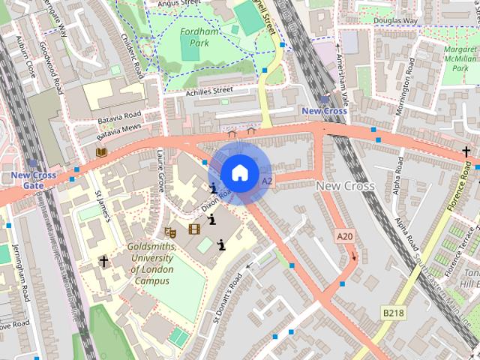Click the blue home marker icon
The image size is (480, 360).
(x=238, y=173)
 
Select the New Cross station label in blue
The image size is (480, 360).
(x=324, y=111)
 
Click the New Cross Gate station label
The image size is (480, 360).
(x=33, y=180)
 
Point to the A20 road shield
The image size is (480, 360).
(x=344, y=236)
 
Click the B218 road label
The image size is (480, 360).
(x=392, y=311)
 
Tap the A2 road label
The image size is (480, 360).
(x=268, y=181)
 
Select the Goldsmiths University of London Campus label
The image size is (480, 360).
(x=152, y=263)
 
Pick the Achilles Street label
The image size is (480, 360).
(x=210, y=91)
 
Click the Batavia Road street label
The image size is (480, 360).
(x=119, y=117)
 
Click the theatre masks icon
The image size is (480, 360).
(x=170, y=232)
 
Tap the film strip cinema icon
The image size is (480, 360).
(x=194, y=229)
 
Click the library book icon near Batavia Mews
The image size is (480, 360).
(x=101, y=151)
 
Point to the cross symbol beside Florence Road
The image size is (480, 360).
(x=466, y=151)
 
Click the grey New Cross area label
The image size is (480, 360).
(x=345, y=185)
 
